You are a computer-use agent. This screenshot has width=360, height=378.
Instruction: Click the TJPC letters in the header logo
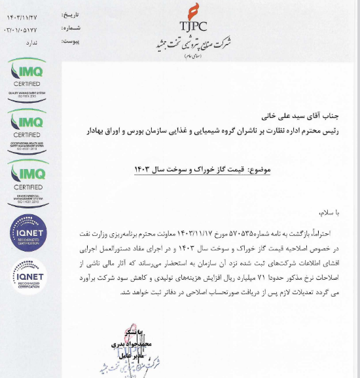click(x=192, y=26)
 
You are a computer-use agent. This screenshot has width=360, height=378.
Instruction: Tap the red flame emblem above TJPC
click(x=192, y=10)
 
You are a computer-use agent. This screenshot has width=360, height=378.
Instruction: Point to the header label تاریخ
click(x=72, y=13)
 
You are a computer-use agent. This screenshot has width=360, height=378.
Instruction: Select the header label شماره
click(x=71, y=28)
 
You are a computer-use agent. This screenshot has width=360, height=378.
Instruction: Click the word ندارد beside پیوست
click(x=31, y=43)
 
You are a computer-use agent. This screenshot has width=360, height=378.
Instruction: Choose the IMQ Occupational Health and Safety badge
click(x=27, y=128)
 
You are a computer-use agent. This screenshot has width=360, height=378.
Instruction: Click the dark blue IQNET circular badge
click(x=28, y=232)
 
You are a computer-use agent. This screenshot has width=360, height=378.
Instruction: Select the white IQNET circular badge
click(x=28, y=275)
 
